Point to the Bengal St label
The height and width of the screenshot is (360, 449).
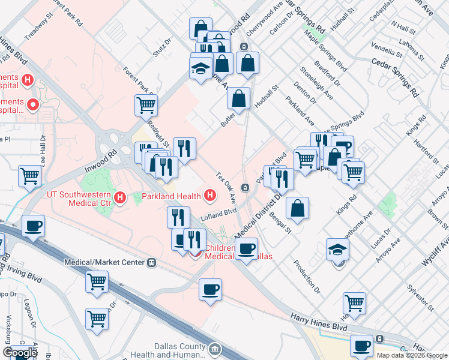tap(280, 222)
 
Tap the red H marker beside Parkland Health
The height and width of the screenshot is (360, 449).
tap(210, 195)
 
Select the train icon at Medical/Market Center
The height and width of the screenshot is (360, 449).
tap(152, 262)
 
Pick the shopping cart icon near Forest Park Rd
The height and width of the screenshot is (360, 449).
tap(146, 106)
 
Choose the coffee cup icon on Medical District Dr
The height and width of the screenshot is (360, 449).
tap(246, 249)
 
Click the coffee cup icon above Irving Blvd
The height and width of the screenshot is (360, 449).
tap(33, 226)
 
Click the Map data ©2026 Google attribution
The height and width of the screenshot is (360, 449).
tap(411, 355)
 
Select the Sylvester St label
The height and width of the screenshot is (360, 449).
tap(419, 295)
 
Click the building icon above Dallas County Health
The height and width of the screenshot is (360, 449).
tap(215, 348)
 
